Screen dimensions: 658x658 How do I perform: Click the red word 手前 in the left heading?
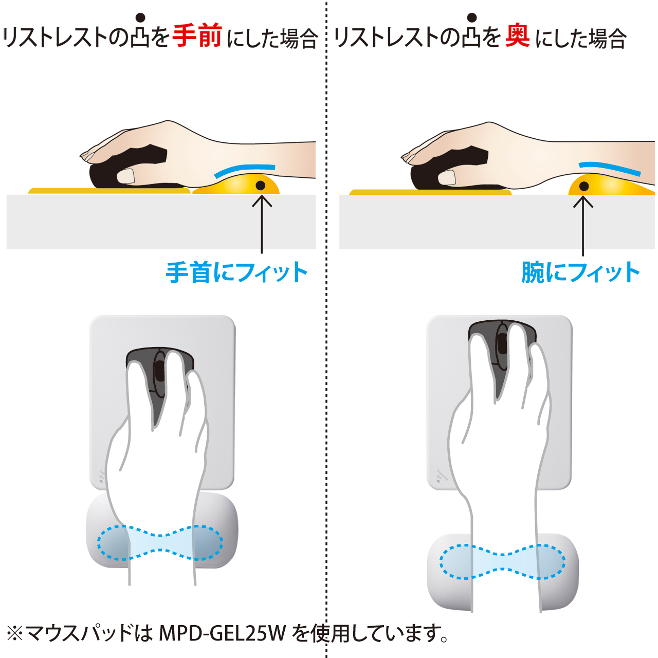(x=197, y=36)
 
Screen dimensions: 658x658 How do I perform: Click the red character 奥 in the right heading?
(x=517, y=36)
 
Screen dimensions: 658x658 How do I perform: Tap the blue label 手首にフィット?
(x=236, y=272)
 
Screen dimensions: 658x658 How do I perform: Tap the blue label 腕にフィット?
(x=580, y=272)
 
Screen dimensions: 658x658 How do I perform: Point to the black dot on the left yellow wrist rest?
(x=261, y=186)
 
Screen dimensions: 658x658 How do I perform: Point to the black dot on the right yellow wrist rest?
(x=584, y=186)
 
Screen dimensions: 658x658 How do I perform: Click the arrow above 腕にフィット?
(x=583, y=226)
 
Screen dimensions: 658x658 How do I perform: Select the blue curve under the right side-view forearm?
(x=610, y=168)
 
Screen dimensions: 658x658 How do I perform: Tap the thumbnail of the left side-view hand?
(x=126, y=176)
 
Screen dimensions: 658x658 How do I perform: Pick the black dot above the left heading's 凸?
(x=140, y=17)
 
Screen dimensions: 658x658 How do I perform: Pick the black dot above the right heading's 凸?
(x=472, y=17)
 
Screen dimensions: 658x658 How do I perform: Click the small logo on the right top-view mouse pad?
(x=442, y=477)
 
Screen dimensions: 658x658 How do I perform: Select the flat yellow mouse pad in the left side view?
(x=109, y=191)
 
